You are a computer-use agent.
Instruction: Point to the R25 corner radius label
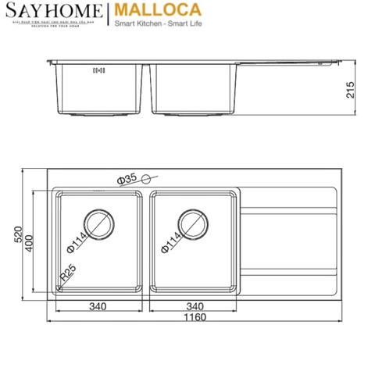click(69, 273)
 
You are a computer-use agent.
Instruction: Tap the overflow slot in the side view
click(98, 70)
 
